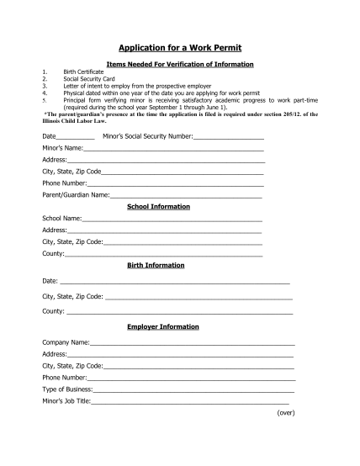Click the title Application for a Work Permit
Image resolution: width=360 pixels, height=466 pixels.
pos(179,49)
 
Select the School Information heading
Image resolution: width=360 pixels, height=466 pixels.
pos(158,206)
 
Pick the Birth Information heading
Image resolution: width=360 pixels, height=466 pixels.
pos(156,265)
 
